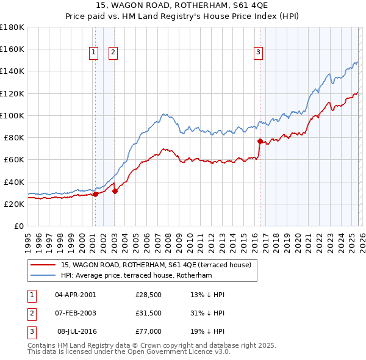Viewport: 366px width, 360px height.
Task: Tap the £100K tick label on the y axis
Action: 12,115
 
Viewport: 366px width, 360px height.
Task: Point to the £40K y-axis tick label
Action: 13,182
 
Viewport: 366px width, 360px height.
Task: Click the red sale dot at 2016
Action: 260,141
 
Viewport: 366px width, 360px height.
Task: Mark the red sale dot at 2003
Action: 115,191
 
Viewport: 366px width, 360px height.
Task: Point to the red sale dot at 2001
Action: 95,195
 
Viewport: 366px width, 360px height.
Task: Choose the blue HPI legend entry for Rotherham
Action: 135,275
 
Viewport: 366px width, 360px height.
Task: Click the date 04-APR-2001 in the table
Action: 75,295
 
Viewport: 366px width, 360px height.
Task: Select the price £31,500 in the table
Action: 148,313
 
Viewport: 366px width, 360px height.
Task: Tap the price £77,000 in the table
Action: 148,331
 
